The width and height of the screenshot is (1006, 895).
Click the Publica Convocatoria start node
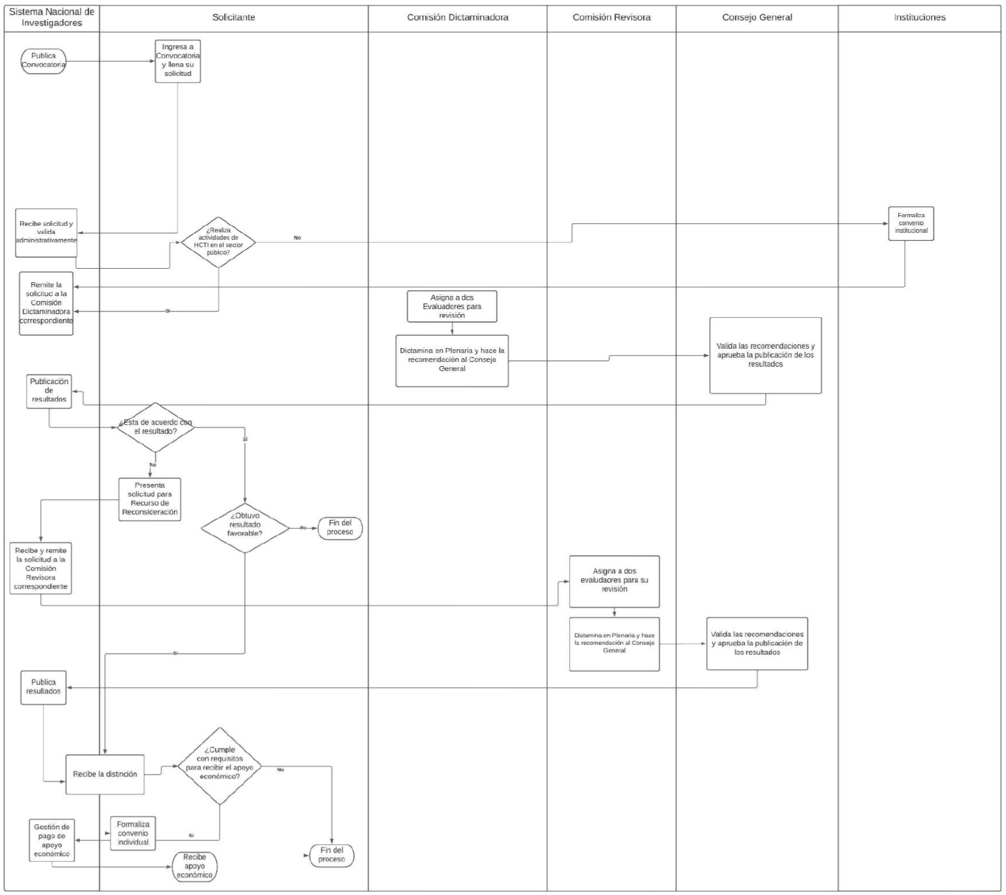pyautogui.click(x=43, y=61)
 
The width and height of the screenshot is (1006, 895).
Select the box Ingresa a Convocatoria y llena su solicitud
pyautogui.click(x=178, y=61)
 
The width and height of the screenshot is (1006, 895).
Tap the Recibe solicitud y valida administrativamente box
pyautogui.click(x=47, y=233)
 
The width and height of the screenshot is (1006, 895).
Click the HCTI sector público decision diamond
pyautogui.click(x=218, y=242)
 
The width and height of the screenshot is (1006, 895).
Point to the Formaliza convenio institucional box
pyautogui.click(x=911, y=223)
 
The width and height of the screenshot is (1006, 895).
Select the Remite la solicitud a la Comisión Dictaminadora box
pyautogui.click(x=46, y=304)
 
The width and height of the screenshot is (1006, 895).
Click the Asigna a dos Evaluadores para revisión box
pyautogui.click(x=452, y=307)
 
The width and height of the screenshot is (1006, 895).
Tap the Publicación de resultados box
pyautogui.click(x=49, y=391)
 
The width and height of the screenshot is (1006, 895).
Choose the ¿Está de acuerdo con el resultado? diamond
pyautogui.click(x=156, y=427)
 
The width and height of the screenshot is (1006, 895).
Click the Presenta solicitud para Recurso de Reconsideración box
pyautogui.click(x=150, y=499)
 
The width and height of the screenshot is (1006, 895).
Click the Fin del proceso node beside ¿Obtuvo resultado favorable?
pyautogui.click(x=340, y=528)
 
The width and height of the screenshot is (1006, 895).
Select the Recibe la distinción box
pyautogui.click(x=105, y=775)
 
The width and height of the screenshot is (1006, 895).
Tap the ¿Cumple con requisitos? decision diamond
pyautogui.click(x=220, y=766)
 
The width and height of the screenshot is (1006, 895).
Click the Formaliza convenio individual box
pyautogui.click(x=133, y=834)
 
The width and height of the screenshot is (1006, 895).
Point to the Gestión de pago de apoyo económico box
pyautogui.click(x=52, y=840)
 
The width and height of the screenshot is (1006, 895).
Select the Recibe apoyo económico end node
pyautogui.click(x=195, y=866)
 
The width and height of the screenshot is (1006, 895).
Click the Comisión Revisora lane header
pyautogui.click(x=611, y=18)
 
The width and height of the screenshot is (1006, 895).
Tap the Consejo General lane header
pyautogui.click(x=757, y=18)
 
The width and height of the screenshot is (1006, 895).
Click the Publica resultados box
pyautogui.click(x=43, y=687)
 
